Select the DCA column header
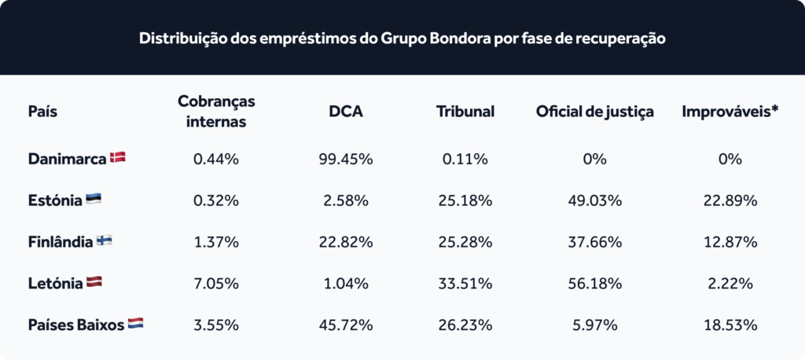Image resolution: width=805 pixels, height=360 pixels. (346, 112)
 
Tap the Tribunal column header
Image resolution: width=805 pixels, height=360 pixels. (465, 112)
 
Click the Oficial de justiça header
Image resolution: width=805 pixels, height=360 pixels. (594, 112)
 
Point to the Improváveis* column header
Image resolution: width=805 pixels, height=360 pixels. (730, 112)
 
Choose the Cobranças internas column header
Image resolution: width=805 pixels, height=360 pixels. (216, 112)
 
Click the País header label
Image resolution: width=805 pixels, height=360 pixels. (42, 112)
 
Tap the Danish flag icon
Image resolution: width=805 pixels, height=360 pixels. (118, 158)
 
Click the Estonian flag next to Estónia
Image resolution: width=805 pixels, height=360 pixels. (93, 200)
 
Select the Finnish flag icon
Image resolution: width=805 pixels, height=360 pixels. (105, 241)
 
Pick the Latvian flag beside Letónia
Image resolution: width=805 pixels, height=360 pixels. (94, 282)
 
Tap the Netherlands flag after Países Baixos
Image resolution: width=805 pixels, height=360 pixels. (135, 324)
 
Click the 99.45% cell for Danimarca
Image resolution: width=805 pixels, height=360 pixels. (346, 160)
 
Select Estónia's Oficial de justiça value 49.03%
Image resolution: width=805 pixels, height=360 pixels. (595, 200)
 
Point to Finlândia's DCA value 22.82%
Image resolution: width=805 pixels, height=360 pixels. (346, 242)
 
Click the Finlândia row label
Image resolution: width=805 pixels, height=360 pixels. (61, 242)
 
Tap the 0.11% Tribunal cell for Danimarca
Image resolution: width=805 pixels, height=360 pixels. (465, 160)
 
